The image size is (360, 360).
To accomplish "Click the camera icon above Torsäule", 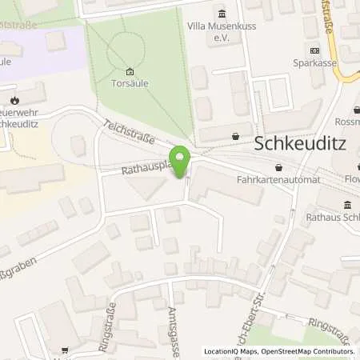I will click(x=131, y=70).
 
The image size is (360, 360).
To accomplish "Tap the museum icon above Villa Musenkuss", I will click(x=222, y=14).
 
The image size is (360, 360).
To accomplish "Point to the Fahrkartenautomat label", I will click(x=278, y=180).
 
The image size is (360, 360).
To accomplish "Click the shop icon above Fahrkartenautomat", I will click(x=278, y=167).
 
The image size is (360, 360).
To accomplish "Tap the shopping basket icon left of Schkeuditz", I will click(x=235, y=137).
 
